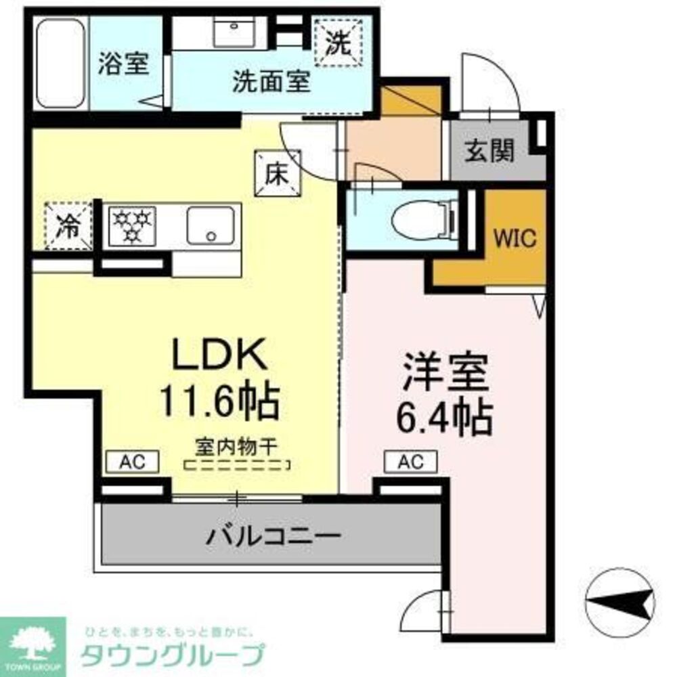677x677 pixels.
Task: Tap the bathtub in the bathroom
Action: (61, 63)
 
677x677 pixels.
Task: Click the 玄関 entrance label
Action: (489, 150)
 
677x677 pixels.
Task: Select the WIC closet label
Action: (515, 238)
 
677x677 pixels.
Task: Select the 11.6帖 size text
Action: (218, 401)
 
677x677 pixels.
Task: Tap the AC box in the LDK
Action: (132, 462)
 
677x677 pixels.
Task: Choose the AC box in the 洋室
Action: (410, 462)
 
